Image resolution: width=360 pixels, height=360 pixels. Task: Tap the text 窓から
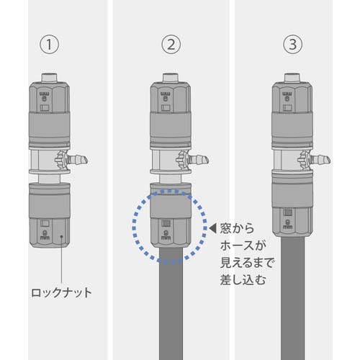pos(237,229)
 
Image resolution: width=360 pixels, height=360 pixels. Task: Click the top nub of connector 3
pos(292,76)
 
